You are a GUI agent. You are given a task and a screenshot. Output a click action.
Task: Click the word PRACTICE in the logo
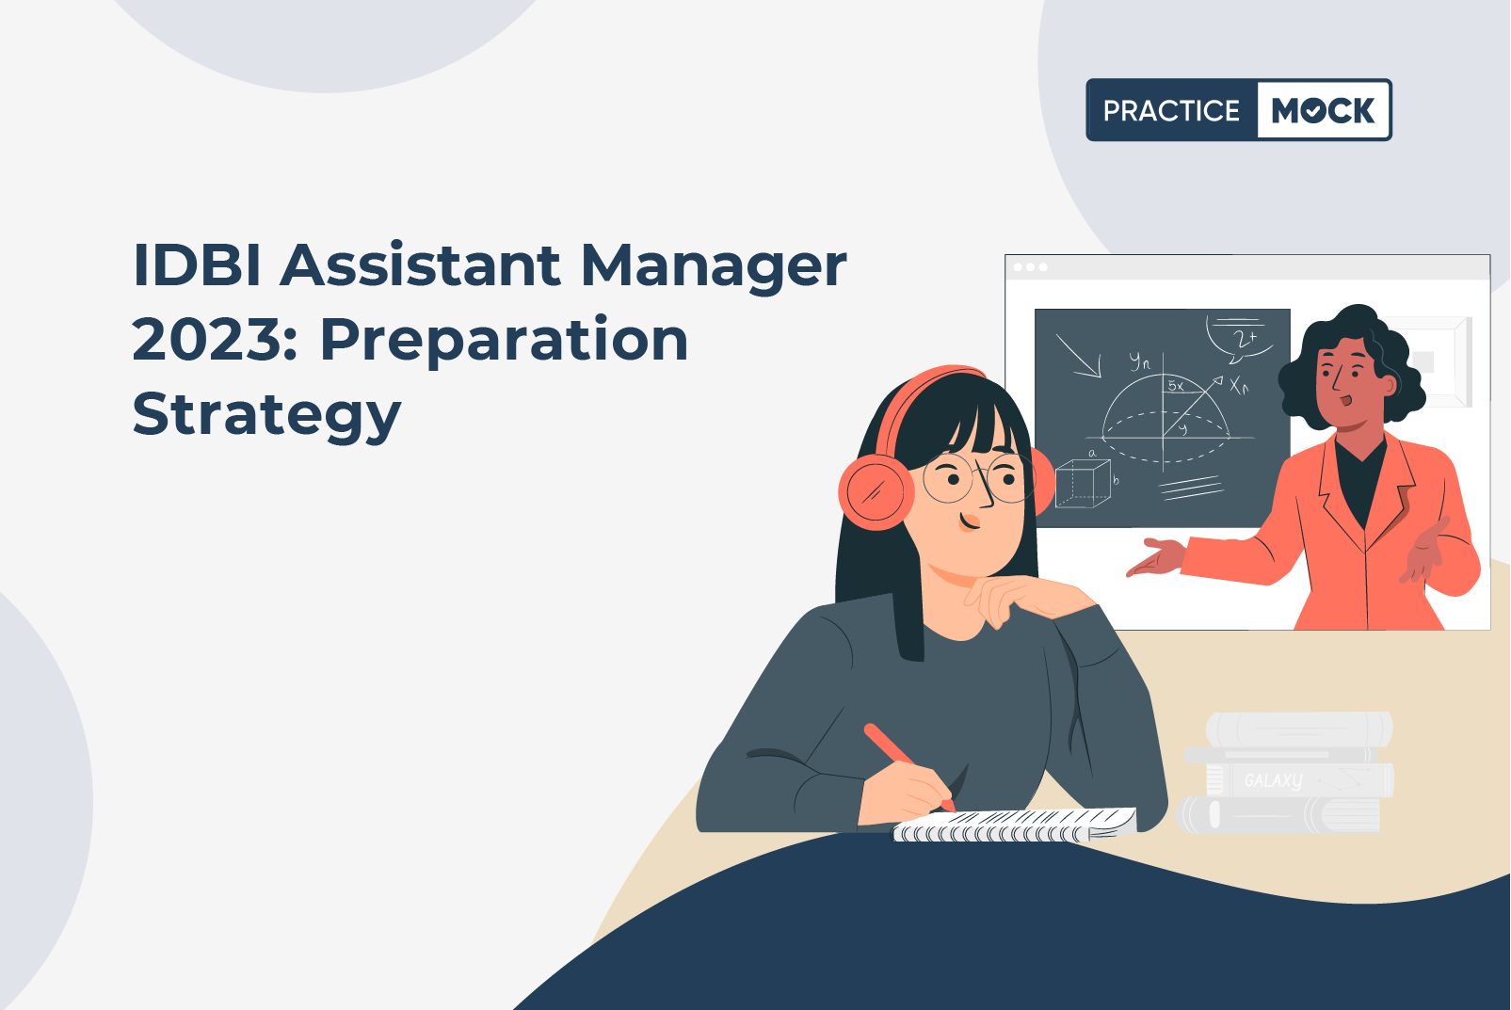tap(1171, 110)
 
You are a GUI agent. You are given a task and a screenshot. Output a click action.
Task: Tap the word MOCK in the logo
tap(1323, 110)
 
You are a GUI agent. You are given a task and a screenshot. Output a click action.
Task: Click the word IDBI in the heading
tap(197, 265)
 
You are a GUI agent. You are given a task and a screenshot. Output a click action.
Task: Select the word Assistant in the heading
tap(420, 265)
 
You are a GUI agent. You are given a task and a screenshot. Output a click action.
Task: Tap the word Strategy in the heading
tap(267, 417)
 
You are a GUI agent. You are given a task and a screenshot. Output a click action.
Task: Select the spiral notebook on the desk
tap(1015, 826)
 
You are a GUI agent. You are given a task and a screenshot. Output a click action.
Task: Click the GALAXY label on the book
tap(1273, 780)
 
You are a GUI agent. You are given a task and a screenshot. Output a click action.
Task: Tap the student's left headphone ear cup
tap(876, 492)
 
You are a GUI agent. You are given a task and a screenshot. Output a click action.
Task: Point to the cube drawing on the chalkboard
tap(1084, 484)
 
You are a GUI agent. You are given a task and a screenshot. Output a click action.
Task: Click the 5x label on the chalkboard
tap(1177, 386)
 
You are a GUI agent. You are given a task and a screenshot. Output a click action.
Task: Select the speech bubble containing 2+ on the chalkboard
tap(1240, 340)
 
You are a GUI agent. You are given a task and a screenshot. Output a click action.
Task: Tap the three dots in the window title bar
tap(1030, 267)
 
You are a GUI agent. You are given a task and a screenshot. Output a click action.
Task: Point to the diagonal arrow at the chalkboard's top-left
tap(1078, 356)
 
